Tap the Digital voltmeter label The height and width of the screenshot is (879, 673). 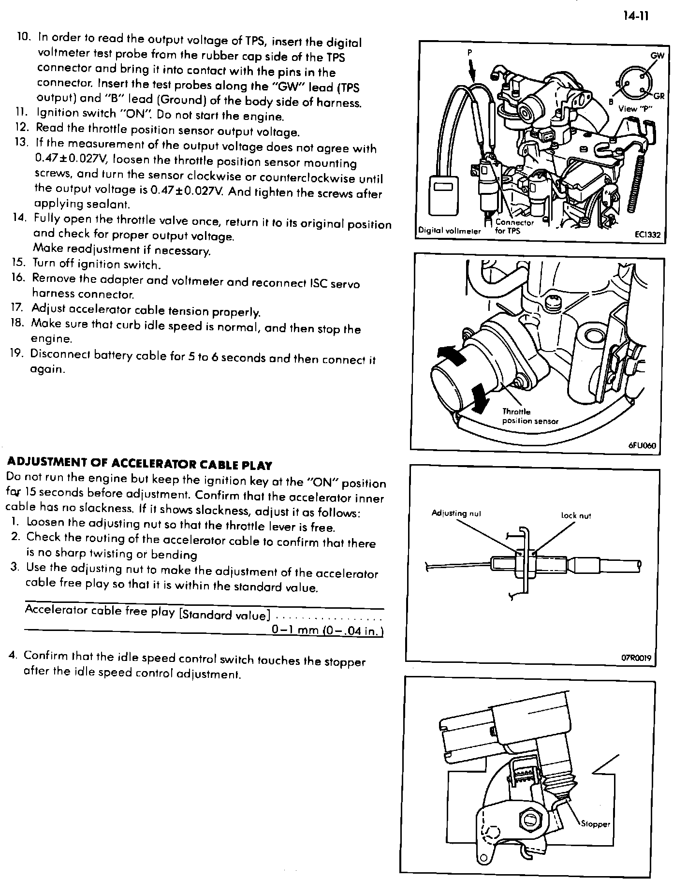449,231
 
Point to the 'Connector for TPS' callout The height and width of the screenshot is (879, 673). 514,226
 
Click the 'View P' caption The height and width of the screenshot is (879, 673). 635,109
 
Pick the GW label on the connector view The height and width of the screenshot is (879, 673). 657,56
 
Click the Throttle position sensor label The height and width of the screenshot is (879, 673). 529,416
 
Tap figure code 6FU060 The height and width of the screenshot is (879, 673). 642,445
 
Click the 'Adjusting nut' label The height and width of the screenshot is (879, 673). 456,513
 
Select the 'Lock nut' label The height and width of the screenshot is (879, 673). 576,515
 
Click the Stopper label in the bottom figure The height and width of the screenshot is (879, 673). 595,824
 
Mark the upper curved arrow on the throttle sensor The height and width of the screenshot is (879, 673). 453,355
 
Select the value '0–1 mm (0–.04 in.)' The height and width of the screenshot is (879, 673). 327,630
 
